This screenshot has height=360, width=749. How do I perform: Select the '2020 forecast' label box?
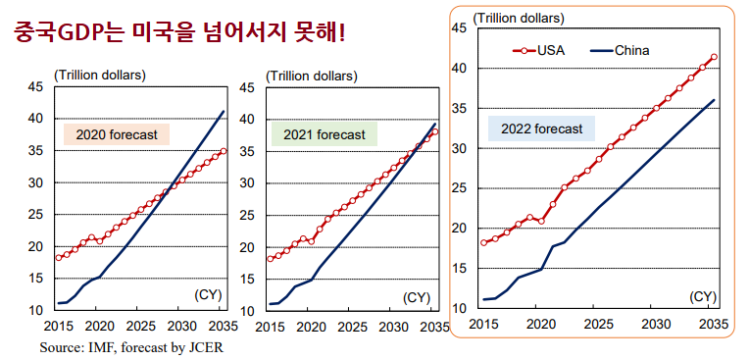[117, 134]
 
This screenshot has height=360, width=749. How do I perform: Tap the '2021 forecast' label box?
[324, 134]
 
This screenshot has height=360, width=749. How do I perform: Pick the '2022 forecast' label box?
[541, 129]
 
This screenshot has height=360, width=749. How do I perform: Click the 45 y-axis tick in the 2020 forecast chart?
[34, 87]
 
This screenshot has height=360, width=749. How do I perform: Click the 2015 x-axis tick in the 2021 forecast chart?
[270, 326]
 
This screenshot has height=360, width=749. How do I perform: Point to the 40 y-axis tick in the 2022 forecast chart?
[458, 68]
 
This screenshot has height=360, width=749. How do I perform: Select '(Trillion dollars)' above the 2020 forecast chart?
[100, 75]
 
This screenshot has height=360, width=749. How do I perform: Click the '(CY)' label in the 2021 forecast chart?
[417, 296]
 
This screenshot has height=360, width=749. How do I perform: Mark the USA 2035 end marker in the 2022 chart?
[714, 57]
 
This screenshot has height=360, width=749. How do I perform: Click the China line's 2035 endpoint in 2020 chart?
[224, 111]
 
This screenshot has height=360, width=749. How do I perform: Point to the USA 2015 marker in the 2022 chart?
[483, 242]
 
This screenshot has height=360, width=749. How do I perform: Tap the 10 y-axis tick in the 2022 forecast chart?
[458, 308]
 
